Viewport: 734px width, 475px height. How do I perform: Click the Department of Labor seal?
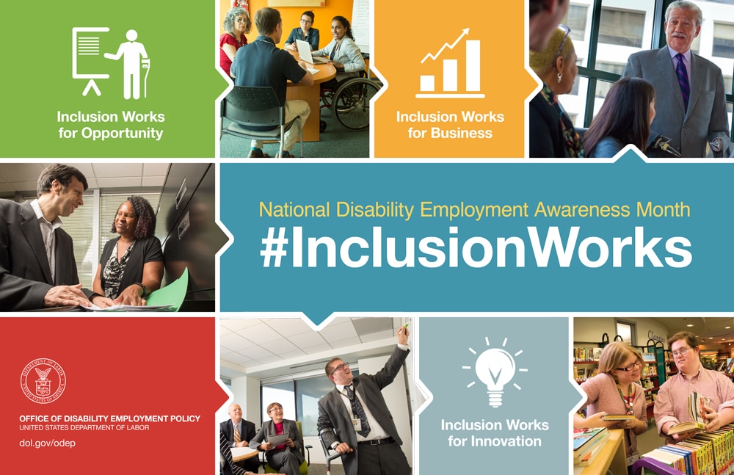click(43, 381)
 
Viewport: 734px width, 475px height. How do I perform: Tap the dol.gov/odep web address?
click(47, 443)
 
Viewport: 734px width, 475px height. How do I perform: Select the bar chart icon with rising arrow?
click(450, 63)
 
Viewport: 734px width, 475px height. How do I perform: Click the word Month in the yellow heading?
click(663, 210)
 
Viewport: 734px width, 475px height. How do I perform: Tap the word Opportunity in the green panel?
click(122, 134)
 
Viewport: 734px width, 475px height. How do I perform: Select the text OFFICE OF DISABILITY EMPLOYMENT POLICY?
click(109, 418)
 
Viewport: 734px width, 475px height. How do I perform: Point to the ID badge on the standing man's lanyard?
click(357, 424)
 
